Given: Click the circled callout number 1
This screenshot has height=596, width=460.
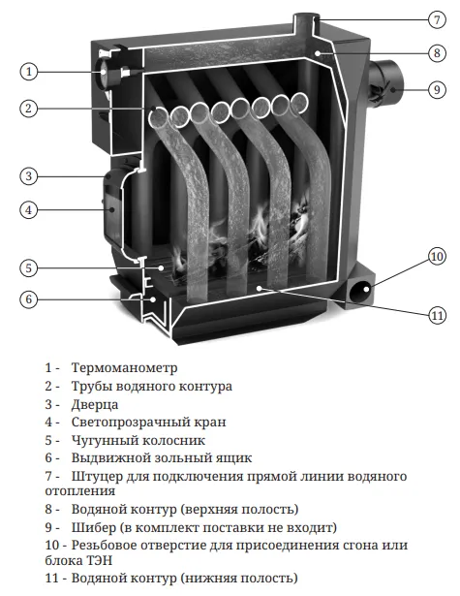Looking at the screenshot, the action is pyautogui.click(x=29, y=72).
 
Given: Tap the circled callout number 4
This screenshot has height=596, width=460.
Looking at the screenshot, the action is pyautogui.click(x=29, y=210).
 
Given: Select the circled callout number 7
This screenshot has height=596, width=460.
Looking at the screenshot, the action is pyautogui.click(x=437, y=19).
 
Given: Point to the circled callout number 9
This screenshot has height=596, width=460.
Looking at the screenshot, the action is pyautogui.click(x=437, y=90).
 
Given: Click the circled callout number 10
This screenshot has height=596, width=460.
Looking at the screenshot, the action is pyautogui.click(x=437, y=257).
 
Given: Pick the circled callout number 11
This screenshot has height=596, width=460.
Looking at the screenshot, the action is pyautogui.click(x=437, y=315).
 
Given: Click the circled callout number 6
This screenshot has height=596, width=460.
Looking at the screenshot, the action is pyautogui.click(x=29, y=299).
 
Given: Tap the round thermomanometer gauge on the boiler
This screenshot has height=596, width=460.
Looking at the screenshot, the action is pyautogui.click(x=104, y=71).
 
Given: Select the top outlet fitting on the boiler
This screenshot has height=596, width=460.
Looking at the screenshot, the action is pyautogui.click(x=306, y=23).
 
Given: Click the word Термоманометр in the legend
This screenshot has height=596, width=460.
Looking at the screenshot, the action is pyautogui.click(x=124, y=367).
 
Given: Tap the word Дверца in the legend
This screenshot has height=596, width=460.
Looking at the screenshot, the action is pyautogui.click(x=95, y=404).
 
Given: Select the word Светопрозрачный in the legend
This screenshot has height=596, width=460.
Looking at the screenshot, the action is pyautogui.click(x=130, y=422).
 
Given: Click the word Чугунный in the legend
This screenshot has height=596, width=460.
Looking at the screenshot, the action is pyautogui.click(x=102, y=440).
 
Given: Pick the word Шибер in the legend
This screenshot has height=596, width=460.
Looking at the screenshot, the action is pyautogui.click(x=94, y=527).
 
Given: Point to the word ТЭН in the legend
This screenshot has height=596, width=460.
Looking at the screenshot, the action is pyautogui.click(x=102, y=560).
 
